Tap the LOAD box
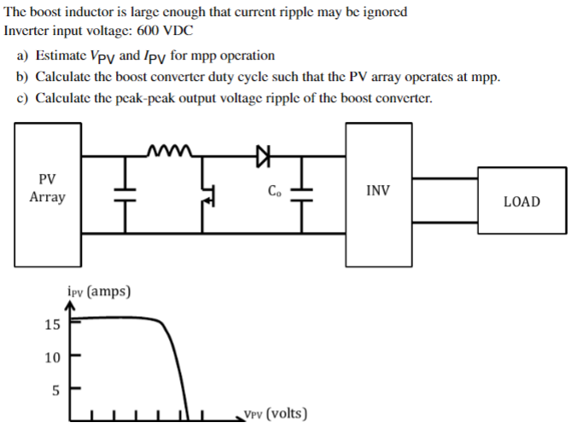(521, 201)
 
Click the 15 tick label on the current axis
(52, 324)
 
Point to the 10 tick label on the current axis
(52, 357)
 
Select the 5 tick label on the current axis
(55, 391)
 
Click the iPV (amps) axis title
(98, 292)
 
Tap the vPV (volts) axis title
(275, 414)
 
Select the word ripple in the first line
(277, 12)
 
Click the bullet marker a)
(23, 55)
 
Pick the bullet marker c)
(23, 97)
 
